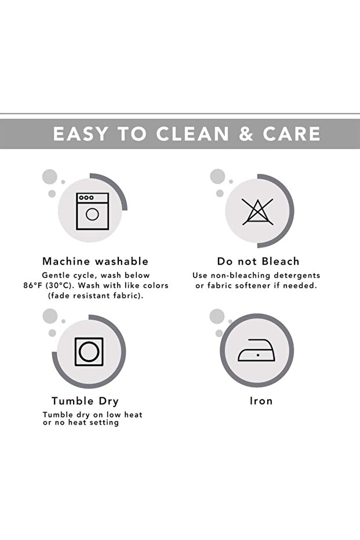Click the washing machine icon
pyautogui.click(x=93, y=211)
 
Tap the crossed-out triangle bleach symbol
pyautogui.click(x=258, y=212)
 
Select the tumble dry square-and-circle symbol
pyautogui.click(x=89, y=351)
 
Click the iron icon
pyautogui.click(x=256, y=350)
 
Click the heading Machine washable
pyautogui.click(x=95, y=261)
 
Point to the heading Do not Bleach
pyautogui.click(x=258, y=261)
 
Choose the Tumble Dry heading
pyautogui.click(x=85, y=401)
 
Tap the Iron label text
pyautogui.click(x=261, y=401)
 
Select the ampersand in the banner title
pyautogui.click(x=246, y=133)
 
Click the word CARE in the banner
pyautogui.click(x=292, y=133)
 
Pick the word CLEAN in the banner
pyautogui.click(x=192, y=133)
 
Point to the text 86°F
pyautogui.click(x=32, y=285)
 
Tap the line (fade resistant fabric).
pyautogui.click(x=96, y=295)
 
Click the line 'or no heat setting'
pyautogui.click(x=81, y=423)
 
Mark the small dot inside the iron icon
pyautogui.click(x=258, y=355)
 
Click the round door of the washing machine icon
pyautogui.click(x=92, y=214)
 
